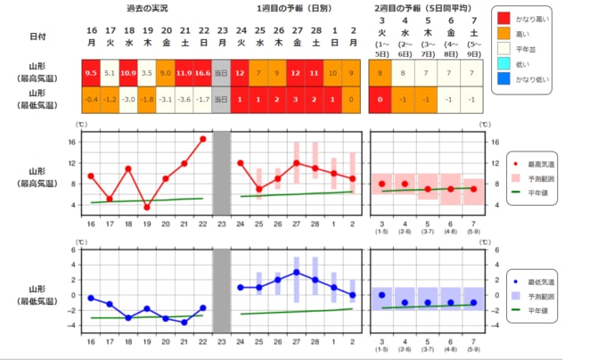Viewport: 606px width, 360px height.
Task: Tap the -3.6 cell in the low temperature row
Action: pos(184,98)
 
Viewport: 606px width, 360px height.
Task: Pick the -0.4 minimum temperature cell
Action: pos(90,98)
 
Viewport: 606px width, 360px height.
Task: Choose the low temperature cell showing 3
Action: pos(296,98)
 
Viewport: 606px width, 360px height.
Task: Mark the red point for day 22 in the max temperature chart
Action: pos(202,139)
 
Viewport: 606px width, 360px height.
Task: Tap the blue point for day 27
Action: pos(296,273)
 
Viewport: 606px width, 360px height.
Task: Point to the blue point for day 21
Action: pos(184,322)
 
